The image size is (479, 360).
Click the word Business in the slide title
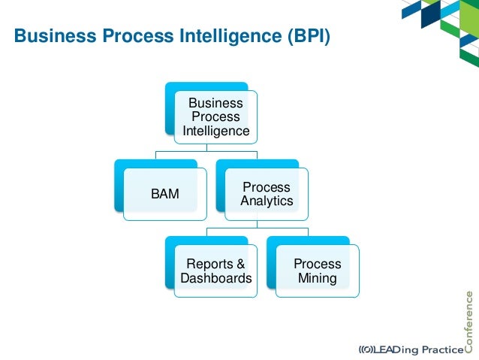[x=50, y=36]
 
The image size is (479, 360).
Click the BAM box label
[x=164, y=194]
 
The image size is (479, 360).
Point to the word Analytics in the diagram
[x=267, y=201]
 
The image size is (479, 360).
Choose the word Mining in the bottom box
[x=317, y=279]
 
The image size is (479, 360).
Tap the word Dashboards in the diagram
[x=216, y=279]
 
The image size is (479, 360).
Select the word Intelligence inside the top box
[x=216, y=132]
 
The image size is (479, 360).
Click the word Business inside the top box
[x=215, y=103]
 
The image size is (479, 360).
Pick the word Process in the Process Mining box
[x=317, y=265]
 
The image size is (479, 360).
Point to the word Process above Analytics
[x=267, y=186]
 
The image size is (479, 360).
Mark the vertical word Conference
[x=469, y=319]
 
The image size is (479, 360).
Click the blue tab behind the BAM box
[x=119, y=184]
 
